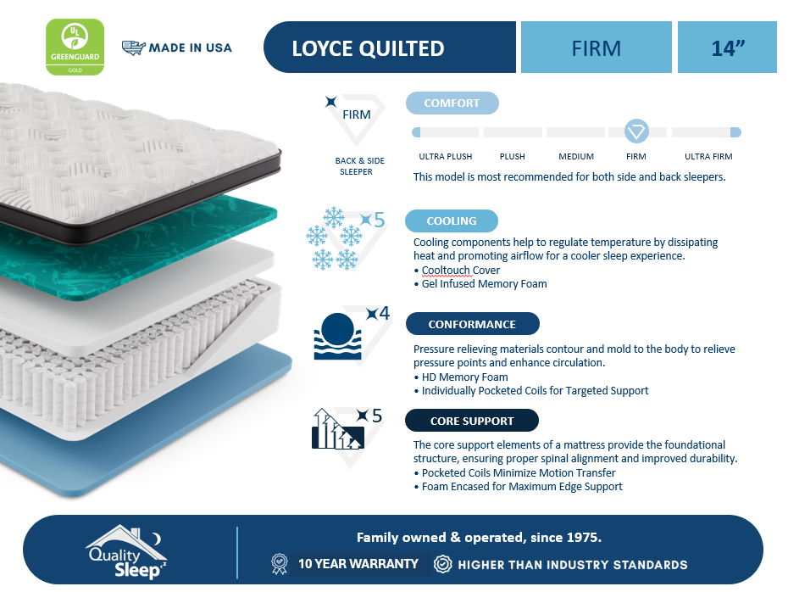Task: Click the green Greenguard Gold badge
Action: tap(75, 47)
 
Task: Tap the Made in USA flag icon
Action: tap(134, 47)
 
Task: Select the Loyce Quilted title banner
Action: tap(390, 47)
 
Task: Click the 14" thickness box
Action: tap(727, 47)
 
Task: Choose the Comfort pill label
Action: tap(452, 103)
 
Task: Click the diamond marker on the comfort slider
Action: tap(636, 131)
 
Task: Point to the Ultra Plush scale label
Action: tap(446, 156)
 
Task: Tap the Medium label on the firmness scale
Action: tap(576, 156)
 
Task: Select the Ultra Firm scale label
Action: tap(708, 156)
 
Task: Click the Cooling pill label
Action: tap(452, 221)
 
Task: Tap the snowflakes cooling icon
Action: tap(334, 238)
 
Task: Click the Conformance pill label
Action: tap(473, 324)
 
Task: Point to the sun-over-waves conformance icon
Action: tap(337, 336)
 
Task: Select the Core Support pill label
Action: tap(472, 421)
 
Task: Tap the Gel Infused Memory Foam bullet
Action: tap(480, 283)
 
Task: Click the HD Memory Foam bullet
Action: tap(461, 377)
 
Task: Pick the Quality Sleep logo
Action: tap(126, 551)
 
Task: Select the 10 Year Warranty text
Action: tap(358, 564)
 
